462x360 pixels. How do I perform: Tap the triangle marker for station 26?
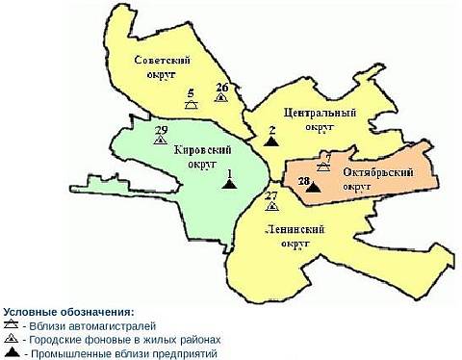click(x=222, y=98)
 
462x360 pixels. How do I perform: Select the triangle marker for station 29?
click(x=160, y=140)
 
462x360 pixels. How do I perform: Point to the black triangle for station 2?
click(x=272, y=140)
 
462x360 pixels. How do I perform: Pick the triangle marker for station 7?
click(x=324, y=167)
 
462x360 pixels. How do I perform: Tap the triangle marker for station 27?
click(x=272, y=205)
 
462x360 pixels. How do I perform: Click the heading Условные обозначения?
click(x=68, y=313)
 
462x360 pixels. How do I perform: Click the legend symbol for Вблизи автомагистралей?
click(x=13, y=326)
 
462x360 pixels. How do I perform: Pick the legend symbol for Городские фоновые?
click(x=13, y=340)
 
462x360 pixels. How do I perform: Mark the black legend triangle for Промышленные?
click(x=13, y=353)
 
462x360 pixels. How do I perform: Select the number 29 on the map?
click(x=161, y=130)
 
